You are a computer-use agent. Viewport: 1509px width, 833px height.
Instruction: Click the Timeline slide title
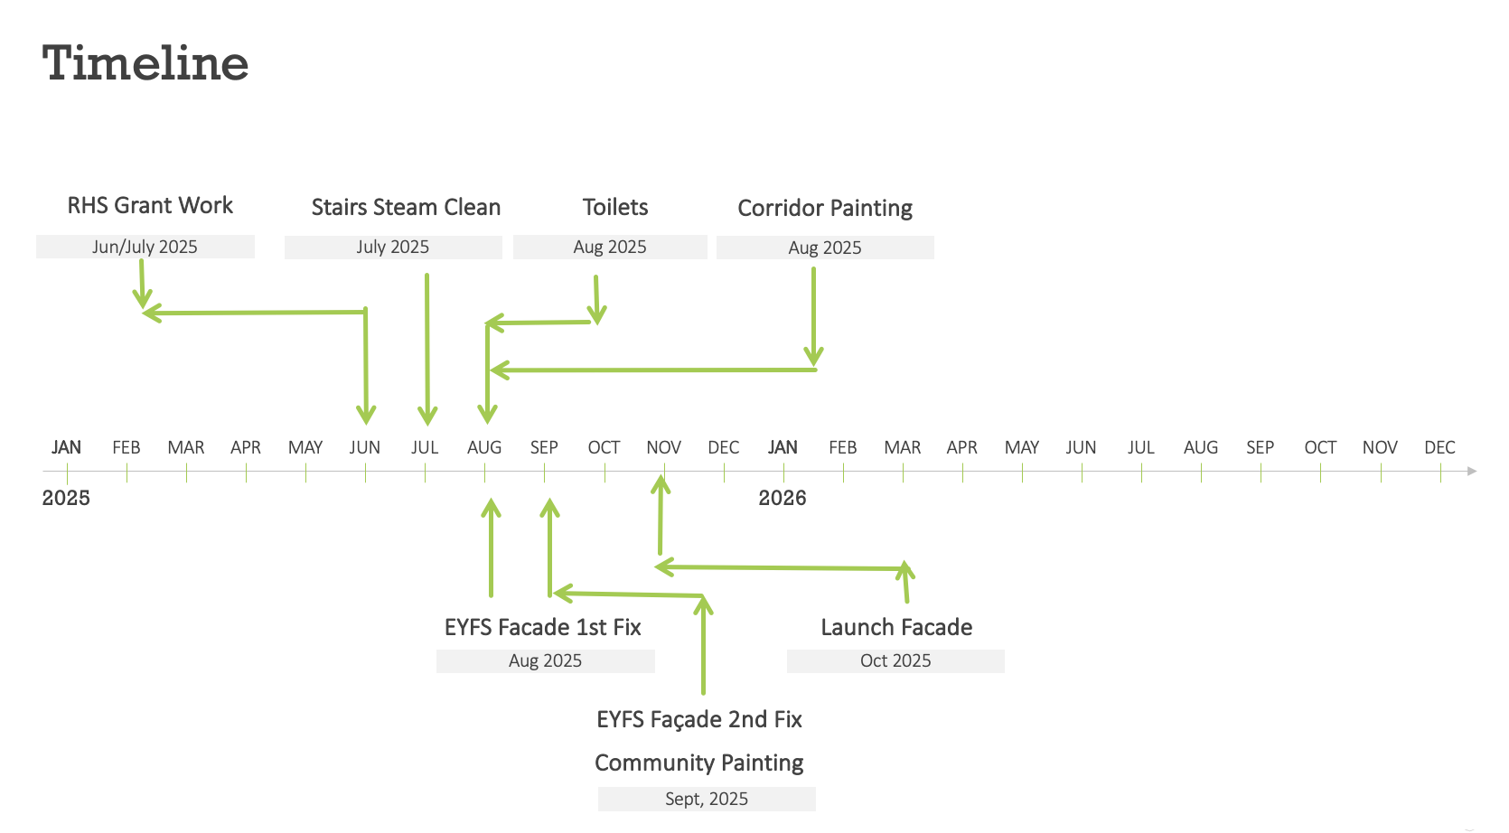point(145,63)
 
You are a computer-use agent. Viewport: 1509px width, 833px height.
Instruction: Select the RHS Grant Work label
point(150,205)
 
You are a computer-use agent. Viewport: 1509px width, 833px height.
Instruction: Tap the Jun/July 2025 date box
point(145,247)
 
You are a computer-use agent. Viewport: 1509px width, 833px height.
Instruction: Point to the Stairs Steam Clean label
point(406,207)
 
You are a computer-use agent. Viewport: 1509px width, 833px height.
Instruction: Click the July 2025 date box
point(393,248)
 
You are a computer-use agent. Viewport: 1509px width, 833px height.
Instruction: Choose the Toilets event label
point(615,207)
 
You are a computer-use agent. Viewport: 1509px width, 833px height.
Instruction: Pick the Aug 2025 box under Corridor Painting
point(825,248)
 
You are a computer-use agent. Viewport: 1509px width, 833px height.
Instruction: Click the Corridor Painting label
point(825,208)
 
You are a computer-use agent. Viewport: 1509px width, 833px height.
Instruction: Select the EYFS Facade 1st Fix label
point(542,627)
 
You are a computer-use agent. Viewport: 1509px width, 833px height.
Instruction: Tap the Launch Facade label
point(896,627)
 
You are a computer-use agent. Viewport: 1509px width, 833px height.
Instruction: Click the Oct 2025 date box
point(895,660)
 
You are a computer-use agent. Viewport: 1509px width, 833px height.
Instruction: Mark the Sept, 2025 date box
point(707,799)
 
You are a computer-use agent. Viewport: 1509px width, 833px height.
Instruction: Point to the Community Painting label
point(698,763)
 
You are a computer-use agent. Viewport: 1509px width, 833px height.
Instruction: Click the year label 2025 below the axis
point(66,498)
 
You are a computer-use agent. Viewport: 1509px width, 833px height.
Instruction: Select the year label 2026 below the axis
point(783,498)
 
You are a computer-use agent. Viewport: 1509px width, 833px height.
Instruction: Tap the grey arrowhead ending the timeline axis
point(1472,472)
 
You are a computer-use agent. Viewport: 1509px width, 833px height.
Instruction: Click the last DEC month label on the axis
point(1439,447)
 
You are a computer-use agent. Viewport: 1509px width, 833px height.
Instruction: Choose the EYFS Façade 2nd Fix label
point(699,719)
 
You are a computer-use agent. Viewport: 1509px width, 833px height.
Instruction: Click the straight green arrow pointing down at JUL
point(427,350)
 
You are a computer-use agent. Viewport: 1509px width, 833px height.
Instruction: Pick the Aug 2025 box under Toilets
point(610,248)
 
